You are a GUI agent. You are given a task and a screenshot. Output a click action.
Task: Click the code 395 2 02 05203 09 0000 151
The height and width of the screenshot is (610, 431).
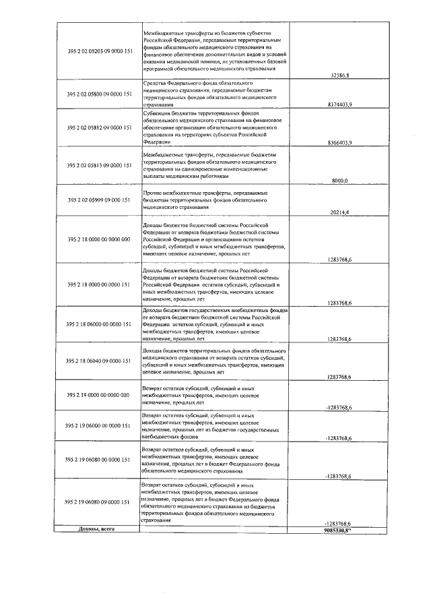[x=99, y=51]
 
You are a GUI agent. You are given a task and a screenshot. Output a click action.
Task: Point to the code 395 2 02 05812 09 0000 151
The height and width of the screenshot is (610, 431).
[x=99, y=126]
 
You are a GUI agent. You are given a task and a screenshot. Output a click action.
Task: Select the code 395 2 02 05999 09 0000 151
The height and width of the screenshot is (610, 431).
[x=99, y=200]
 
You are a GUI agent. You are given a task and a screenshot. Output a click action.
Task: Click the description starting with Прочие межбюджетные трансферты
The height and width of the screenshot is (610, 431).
[x=205, y=200]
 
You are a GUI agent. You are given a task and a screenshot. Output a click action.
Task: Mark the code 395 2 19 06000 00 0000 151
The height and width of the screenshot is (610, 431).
[x=99, y=425]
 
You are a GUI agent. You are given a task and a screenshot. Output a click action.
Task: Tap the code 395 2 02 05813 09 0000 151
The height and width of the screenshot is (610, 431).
[x=99, y=164]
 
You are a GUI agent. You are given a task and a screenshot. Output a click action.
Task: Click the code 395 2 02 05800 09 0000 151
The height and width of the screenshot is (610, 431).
[x=99, y=94]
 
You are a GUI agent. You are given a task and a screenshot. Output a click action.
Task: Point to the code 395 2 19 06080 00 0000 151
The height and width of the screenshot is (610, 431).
[x=99, y=460]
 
